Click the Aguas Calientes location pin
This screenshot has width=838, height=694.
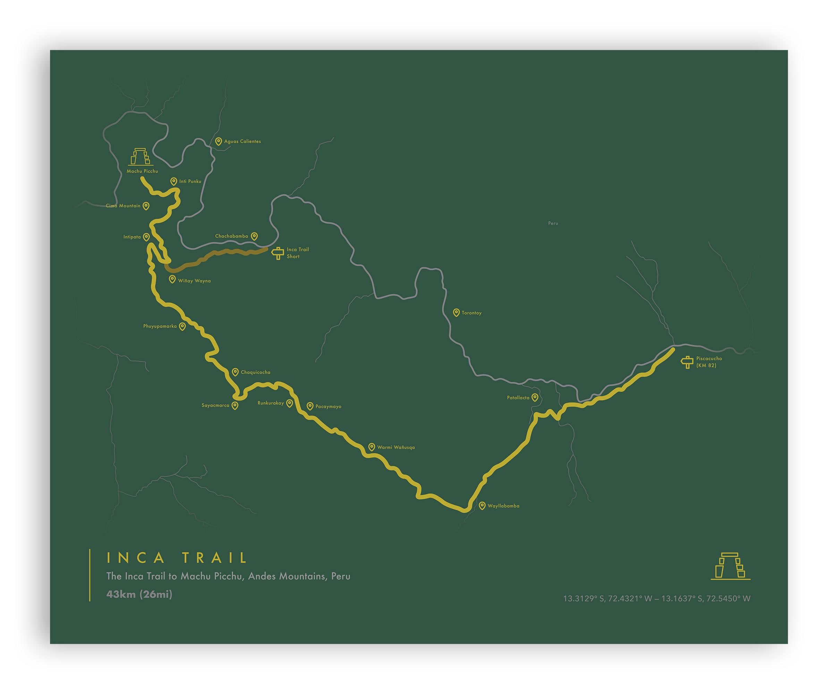(x=218, y=141)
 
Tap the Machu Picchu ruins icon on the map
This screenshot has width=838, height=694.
(x=141, y=157)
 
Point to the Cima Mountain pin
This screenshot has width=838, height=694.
(x=146, y=206)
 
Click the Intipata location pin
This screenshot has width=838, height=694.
(x=146, y=237)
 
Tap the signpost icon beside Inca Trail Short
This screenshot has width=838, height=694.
(x=278, y=253)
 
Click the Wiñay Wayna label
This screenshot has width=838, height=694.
(x=194, y=281)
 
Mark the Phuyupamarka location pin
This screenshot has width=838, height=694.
(x=183, y=327)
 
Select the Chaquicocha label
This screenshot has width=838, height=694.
(x=255, y=372)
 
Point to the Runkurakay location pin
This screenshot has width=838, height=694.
(x=290, y=403)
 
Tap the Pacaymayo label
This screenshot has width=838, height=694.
(x=328, y=407)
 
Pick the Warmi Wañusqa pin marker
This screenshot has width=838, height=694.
(x=372, y=447)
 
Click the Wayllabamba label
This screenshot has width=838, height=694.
(x=503, y=506)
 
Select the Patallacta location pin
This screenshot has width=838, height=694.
(x=535, y=397)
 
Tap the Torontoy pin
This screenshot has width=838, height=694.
(x=456, y=313)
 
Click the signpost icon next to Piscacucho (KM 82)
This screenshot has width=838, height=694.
(x=687, y=362)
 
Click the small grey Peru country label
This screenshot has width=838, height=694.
(x=553, y=223)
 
